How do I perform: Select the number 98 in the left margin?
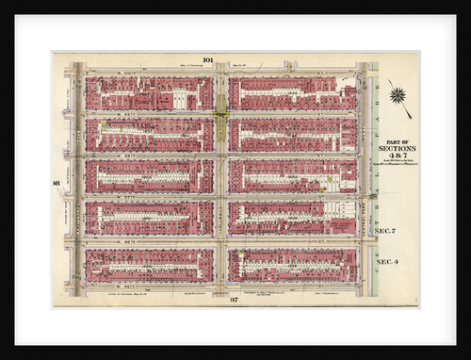point(57,182)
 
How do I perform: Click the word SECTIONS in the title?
point(397,148)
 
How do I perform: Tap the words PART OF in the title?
point(397,139)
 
